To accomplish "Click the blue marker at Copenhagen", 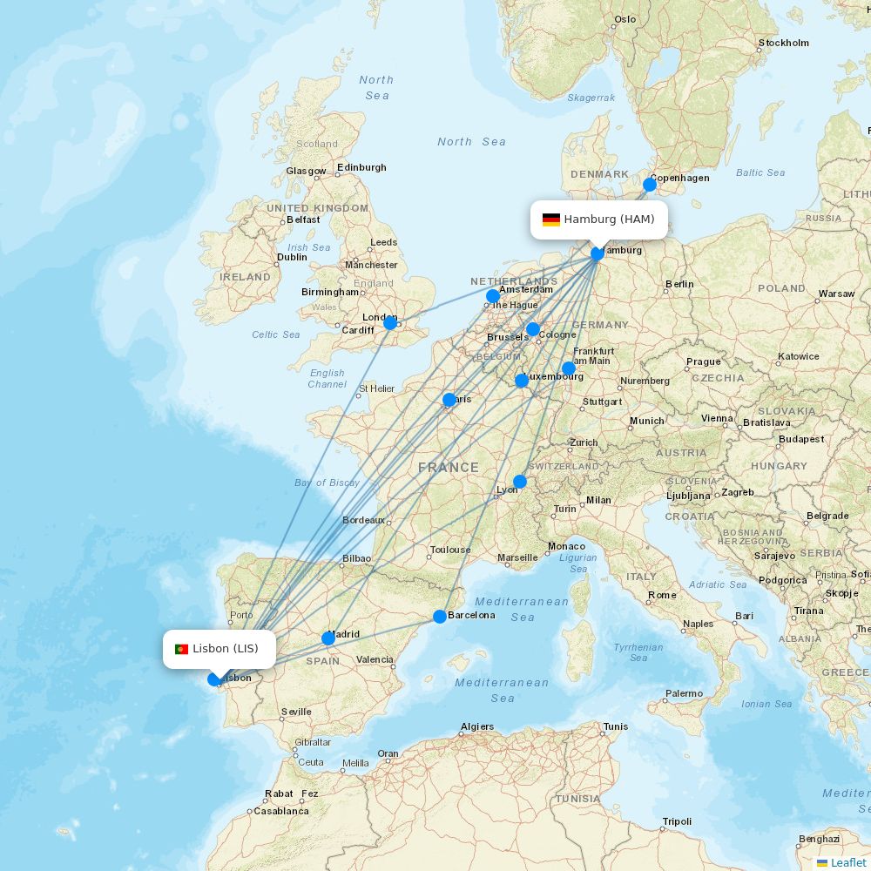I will pos(650,185).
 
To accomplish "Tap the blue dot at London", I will pos(390,323).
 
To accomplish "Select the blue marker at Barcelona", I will pos(440,617).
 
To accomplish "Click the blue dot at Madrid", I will pos(328,638).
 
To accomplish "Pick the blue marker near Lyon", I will pos(520,482).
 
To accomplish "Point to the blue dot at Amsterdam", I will pos(493,296).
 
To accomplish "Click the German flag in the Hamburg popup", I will pos(550,219).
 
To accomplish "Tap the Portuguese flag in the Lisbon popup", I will pos(181,649).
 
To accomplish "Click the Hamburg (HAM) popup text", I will pos(609,219).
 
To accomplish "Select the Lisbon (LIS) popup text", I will pos(226,649).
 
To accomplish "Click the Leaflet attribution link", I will pos(847,862).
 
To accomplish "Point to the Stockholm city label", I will pos(784,43).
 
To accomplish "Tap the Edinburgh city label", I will pos(361,167).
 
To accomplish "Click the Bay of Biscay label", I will pos(327,483).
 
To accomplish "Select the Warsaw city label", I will pos(836,294).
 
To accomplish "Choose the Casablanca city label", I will pos(281,811).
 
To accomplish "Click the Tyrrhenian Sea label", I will pos(638,652).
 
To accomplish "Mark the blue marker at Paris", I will pos(449,400).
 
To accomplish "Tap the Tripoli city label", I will pos(677,821).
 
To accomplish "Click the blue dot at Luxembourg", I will pos(522,381).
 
